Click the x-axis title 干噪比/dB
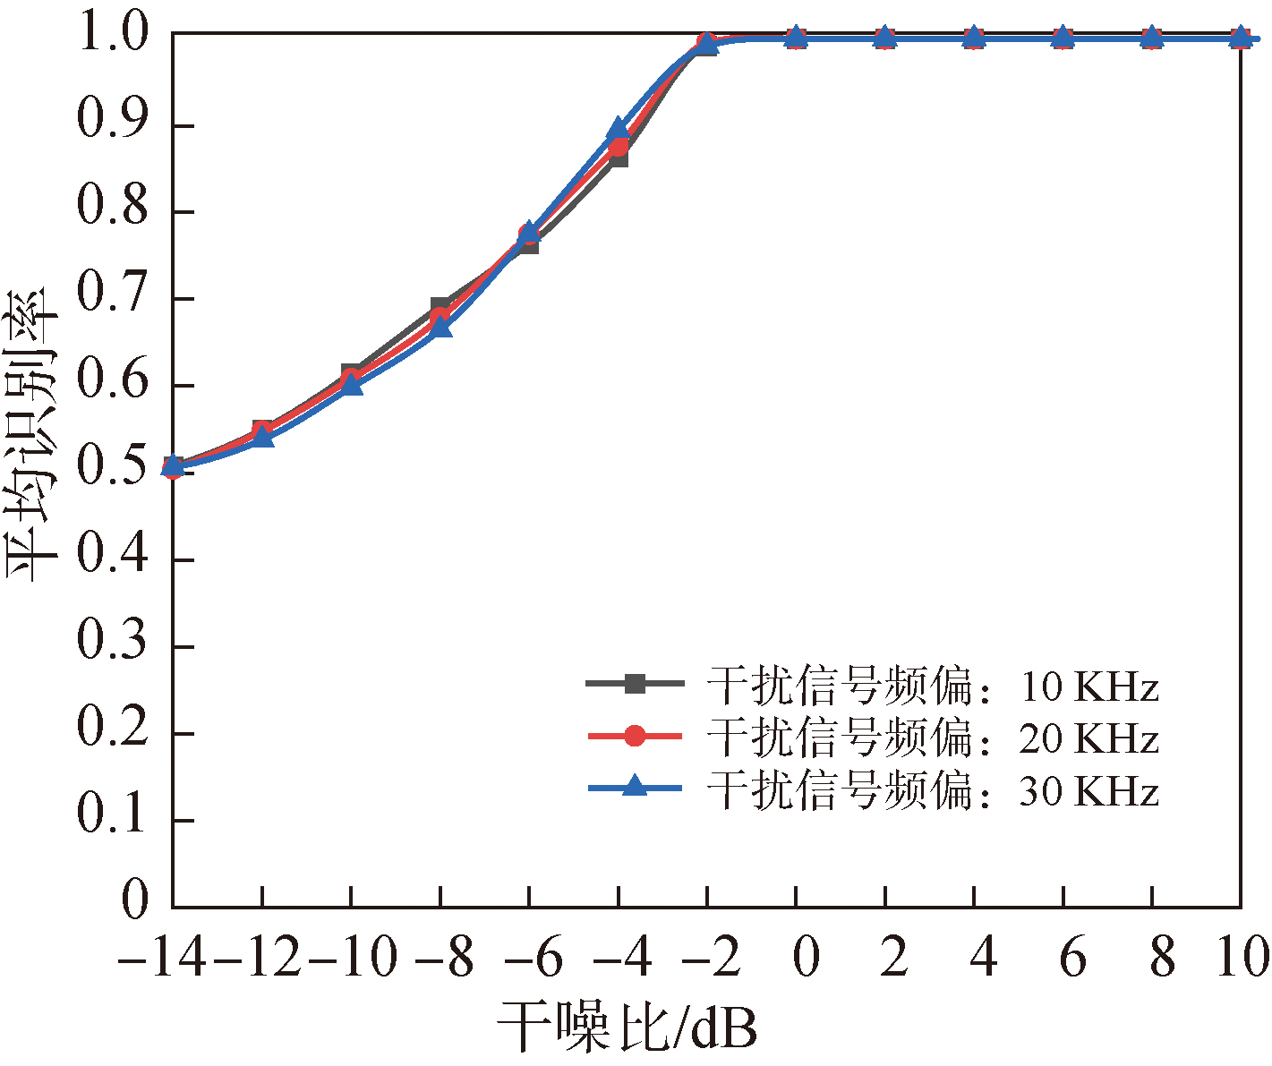click(x=627, y=1028)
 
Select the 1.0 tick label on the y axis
click(x=112, y=36)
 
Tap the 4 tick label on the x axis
click(x=983, y=958)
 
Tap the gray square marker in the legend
click(x=635, y=684)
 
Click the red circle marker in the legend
click(x=635, y=736)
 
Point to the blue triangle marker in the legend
click(x=635, y=787)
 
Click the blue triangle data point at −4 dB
click(x=619, y=128)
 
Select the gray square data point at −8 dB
click(x=440, y=307)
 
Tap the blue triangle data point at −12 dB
click(x=262, y=437)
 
